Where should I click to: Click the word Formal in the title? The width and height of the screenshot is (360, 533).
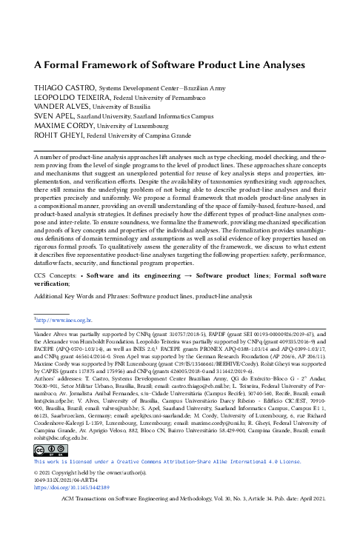64,63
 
